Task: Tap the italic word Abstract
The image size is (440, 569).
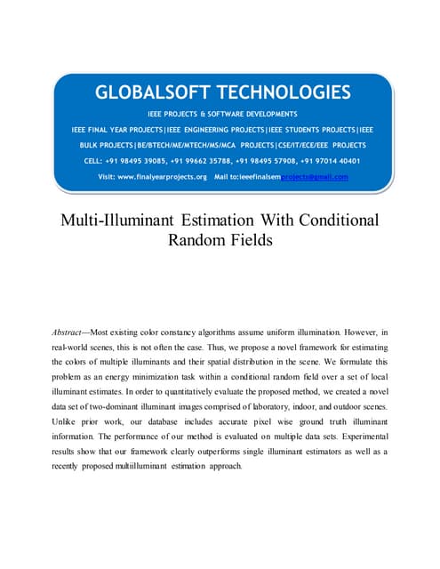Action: click(x=74, y=331)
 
